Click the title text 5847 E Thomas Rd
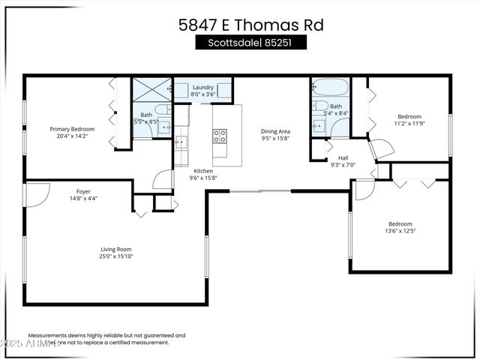point(250,25)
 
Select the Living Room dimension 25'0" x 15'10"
point(116,256)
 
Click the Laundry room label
point(202,88)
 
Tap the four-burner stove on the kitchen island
point(220,136)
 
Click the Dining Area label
point(275,130)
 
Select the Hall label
point(343,157)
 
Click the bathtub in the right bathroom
point(330,87)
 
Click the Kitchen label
point(205,170)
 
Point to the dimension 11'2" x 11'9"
point(409,124)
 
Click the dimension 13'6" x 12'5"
point(400,231)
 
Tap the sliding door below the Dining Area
point(259,191)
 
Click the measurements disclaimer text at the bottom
point(106,339)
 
